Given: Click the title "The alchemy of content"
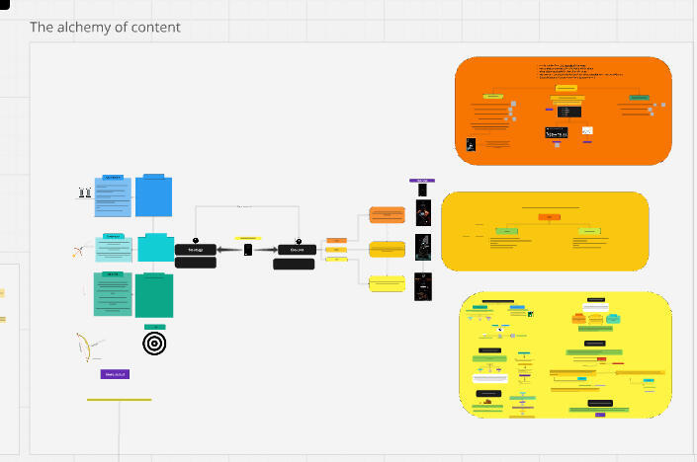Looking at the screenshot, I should tap(105, 27).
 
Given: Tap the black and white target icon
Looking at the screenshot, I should tap(154, 343).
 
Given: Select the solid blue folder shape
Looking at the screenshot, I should tap(153, 195).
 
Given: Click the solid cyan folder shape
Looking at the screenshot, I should tap(155, 247).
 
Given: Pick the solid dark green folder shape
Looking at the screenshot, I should tap(154, 294).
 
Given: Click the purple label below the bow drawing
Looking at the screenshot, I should tap(116, 374).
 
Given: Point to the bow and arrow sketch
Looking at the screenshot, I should tap(89, 346).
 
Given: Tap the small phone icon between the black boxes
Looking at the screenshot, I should tap(248, 250).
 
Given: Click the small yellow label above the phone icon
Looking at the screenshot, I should tap(247, 239).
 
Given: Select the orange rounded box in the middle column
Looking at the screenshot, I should tap(387, 215).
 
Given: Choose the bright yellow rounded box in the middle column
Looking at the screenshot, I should tap(387, 284).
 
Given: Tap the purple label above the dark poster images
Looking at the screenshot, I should tap(422, 181).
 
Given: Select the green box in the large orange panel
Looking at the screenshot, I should tap(639, 98).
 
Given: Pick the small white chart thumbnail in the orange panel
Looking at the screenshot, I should tap(587, 131).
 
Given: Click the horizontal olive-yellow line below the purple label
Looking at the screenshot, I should tap(119, 400).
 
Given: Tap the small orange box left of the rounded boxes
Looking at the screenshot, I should tap(336, 240).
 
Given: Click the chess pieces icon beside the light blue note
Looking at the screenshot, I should tap(85, 193).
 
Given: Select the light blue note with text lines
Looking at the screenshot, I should tap(113, 196).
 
